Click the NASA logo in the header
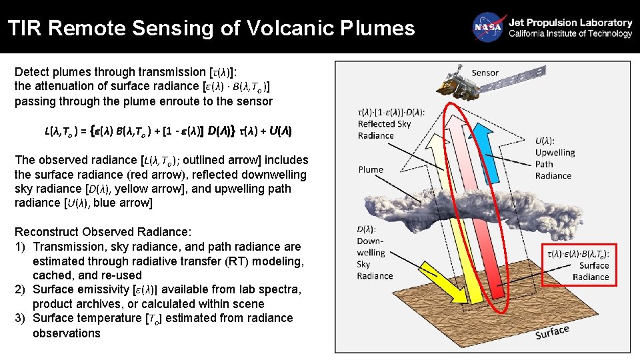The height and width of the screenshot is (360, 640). tap(487, 27)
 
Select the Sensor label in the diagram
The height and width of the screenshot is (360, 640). tap(485, 73)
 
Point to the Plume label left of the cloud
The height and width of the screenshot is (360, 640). tap(371, 169)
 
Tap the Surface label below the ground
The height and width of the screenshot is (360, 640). tap(552, 331)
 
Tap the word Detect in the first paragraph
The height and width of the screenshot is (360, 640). tap(32, 72)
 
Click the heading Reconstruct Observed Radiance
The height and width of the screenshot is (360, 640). tap(103, 232)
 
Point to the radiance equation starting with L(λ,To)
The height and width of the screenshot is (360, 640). tap(168, 131)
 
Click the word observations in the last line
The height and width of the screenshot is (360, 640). tap(67, 333)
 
